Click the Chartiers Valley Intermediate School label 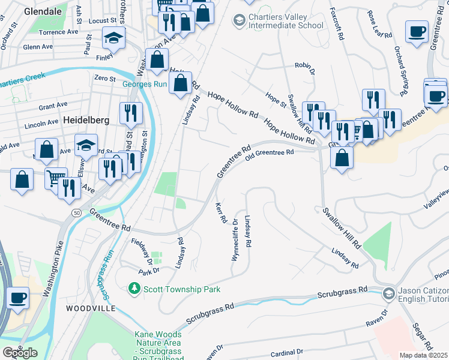click(x=286, y=22)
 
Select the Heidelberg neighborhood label click(x=86, y=119)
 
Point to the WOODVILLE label click(x=91, y=308)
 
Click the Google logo click(x=20, y=353)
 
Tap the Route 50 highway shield click(x=76, y=213)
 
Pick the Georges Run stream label click(x=144, y=84)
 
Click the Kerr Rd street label click(x=220, y=213)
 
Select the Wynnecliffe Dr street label click(x=235, y=239)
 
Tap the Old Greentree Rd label click(x=270, y=152)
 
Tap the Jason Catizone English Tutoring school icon click(x=388, y=293)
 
